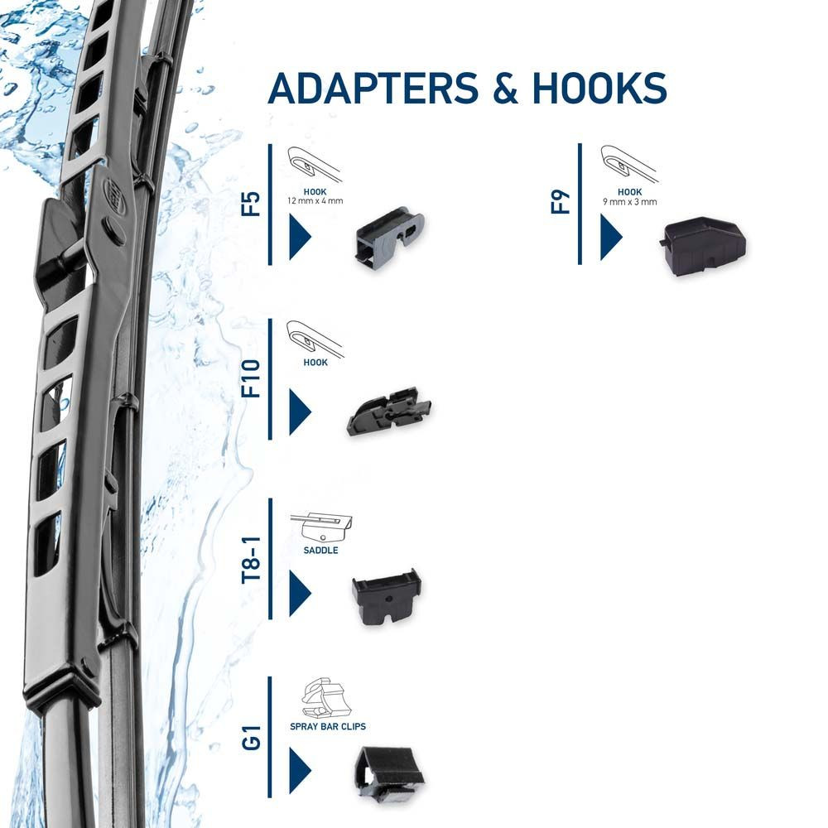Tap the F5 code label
250,205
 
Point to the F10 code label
250,378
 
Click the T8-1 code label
250,561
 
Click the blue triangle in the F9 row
611,238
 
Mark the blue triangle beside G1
299,770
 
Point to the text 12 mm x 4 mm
315,201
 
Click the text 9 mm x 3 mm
629,201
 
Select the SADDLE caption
321,550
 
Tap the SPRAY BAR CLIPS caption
328,726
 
